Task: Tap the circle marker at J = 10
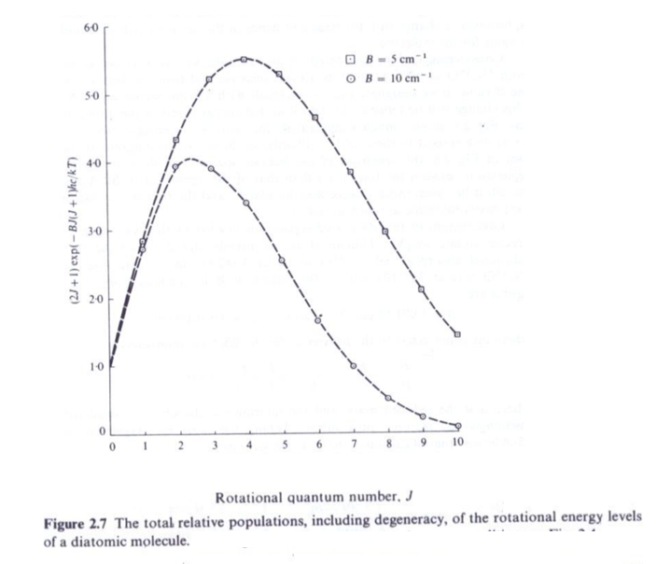click(x=457, y=426)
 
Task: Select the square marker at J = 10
click(x=457, y=333)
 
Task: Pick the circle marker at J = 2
click(x=176, y=167)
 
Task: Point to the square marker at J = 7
click(x=352, y=172)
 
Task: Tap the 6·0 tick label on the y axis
click(x=91, y=29)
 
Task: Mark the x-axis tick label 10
click(x=457, y=445)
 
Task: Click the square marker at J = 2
click(x=176, y=141)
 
